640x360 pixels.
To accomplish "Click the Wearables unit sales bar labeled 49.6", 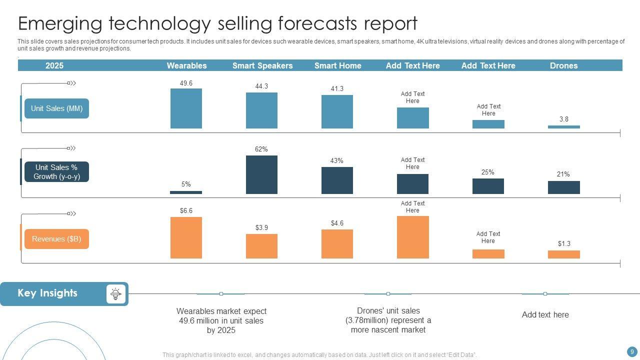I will pyautogui.click(x=186, y=108).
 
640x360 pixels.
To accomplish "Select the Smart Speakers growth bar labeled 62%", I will pyautogui.click(x=261, y=174).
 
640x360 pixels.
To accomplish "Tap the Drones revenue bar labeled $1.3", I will pyautogui.click(x=563, y=254).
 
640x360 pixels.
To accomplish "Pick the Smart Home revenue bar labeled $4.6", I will pyautogui.click(x=337, y=244).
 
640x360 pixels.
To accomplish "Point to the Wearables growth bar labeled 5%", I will pyautogui.click(x=186, y=192).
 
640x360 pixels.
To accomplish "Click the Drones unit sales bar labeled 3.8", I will pyautogui.click(x=563, y=127).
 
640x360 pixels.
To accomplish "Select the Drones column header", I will pyautogui.click(x=563, y=65).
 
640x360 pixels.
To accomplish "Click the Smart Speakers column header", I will pyautogui.click(x=262, y=65).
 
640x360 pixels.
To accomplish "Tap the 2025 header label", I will pyautogui.click(x=54, y=65).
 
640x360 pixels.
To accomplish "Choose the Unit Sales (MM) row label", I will pyautogui.click(x=56, y=108).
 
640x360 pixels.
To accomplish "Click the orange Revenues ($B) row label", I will pyautogui.click(x=56, y=239).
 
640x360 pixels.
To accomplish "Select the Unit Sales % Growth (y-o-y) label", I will pyautogui.click(x=56, y=172).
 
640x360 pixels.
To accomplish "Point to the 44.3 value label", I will pyautogui.click(x=261, y=86).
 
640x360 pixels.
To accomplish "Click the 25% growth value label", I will pyautogui.click(x=488, y=172).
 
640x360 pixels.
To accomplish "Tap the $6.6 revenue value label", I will pyautogui.click(x=186, y=211).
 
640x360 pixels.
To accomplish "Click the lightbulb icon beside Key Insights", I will pyautogui.click(x=116, y=294).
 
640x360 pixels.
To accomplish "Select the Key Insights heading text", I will pyautogui.click(x=47, y=293).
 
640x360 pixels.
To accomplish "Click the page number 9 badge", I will pyautogui.click(x=632, y=351).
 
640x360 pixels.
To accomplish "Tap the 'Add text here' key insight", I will pyautogui.click(x=545, y=315).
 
